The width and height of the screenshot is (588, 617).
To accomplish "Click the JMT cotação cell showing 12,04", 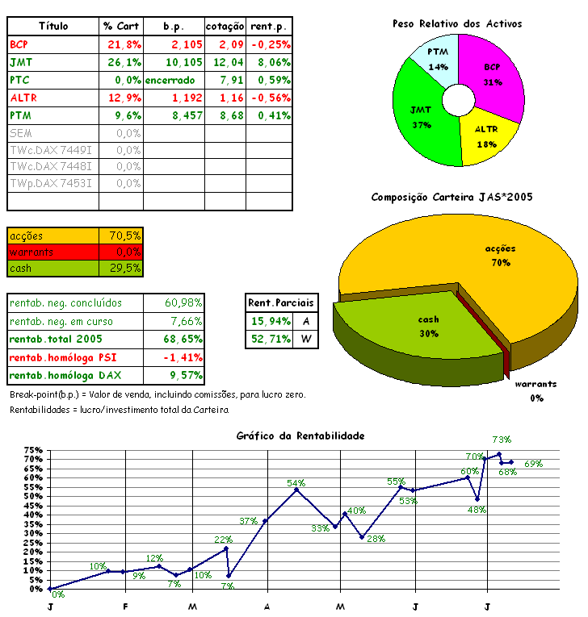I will click(225, 62).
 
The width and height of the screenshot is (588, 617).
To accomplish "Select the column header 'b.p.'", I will click(173, 27).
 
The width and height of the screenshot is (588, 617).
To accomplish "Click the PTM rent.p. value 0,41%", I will click(270, 115).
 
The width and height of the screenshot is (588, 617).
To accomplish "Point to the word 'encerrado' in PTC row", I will click(170, 80).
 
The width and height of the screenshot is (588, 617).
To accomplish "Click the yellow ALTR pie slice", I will click(485, 135).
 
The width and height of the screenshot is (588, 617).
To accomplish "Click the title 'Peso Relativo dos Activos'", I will click(457, 24).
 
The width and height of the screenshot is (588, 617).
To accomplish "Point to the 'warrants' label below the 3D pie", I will click(536, 385).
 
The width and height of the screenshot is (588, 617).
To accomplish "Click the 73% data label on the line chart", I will click(502, 440).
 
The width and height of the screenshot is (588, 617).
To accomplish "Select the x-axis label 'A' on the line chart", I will click(267, 606).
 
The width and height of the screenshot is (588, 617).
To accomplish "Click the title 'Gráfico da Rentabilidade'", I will click(300, 436).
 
